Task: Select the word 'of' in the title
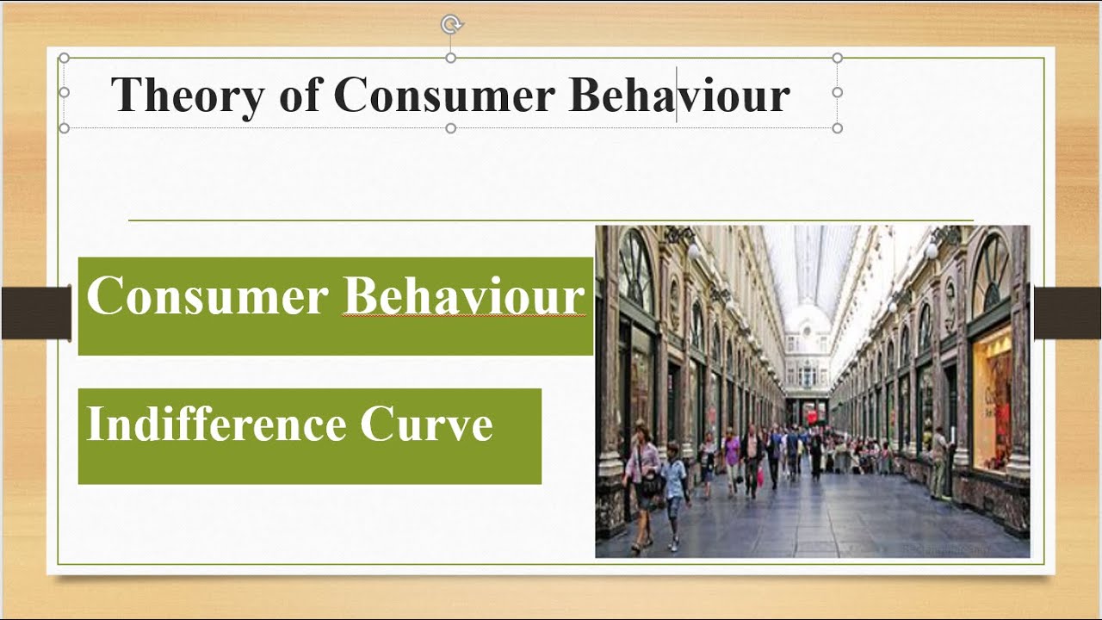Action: coord(299,95)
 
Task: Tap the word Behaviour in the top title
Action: coord(679,95)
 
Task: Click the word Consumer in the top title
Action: coord(443,95)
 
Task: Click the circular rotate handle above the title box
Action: coord(450,25)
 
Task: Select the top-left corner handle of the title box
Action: coord(64,58)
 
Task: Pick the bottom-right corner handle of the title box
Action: coord(837,128)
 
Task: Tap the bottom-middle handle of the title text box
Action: coord(450,128)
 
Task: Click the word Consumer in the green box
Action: coord(207,296)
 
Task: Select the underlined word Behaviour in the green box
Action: coord(464,296)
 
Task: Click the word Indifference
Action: coord(215,425)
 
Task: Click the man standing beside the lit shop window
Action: coord(939,461)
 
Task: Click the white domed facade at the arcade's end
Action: coord(807,344)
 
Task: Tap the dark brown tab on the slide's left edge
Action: coord(35,313)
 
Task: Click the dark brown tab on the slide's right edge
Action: coord(1067,313)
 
